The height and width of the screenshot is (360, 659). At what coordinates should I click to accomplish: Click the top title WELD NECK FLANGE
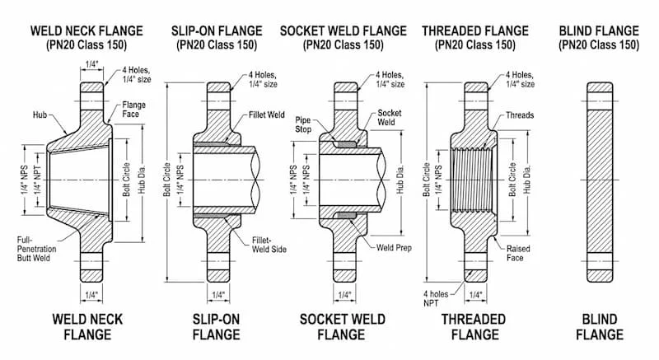pyautogui.click(x=86, y=30)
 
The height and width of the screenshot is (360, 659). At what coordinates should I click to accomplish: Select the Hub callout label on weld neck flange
pyautogui.click(x=40, y=115)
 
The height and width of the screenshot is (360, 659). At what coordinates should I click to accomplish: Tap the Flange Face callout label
pyautogui.click(x=133, y=110)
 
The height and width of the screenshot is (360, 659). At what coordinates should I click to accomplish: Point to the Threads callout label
pyautogui.click(x=520, y=115)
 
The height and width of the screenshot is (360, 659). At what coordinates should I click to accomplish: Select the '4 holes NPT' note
pyautogui.click(x=436, y=297)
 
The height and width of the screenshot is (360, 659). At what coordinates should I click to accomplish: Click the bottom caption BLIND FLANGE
pyautogui.click(x=599, y=326)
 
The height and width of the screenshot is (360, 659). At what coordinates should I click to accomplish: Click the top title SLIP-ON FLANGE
pyautogui.click(x=216, y=30)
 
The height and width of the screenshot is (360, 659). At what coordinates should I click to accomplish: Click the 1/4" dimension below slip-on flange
pyautogui.click(x=218, y=295)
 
